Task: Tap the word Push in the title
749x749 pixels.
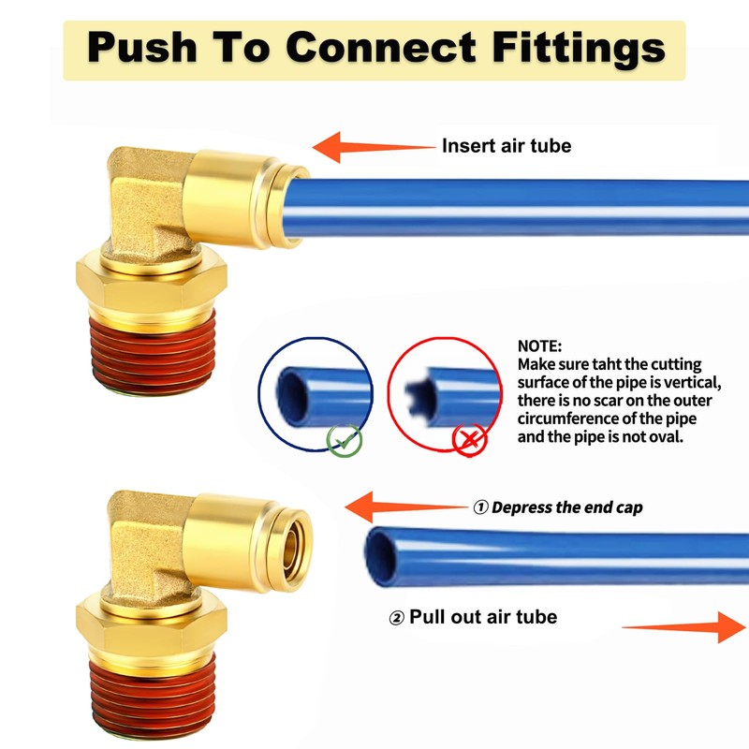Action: tap(150, 46)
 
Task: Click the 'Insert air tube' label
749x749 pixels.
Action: tap(506, 146)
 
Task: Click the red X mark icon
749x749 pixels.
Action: tap(469, 437)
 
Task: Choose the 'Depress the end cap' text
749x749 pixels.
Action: tap(566, 507)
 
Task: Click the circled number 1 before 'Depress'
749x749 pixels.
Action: tap(480, 507)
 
